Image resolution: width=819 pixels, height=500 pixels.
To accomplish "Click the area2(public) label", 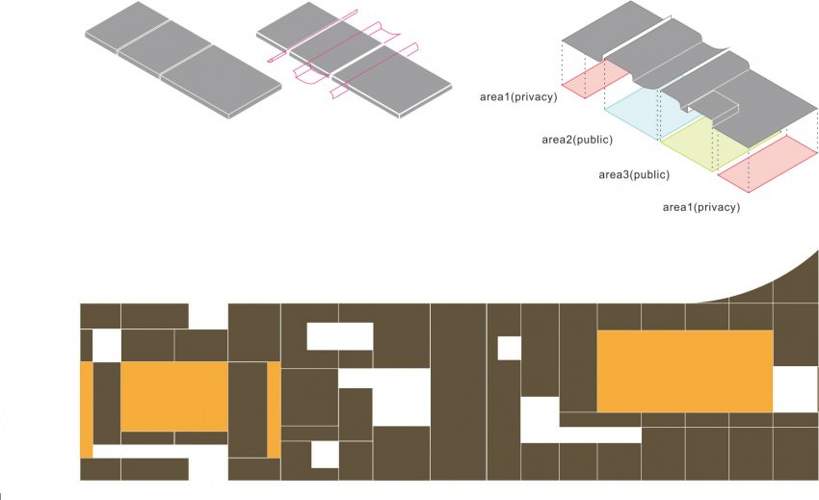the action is pyautogui.click(x=576, y=140).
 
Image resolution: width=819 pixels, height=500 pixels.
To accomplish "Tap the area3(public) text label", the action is pyautogui.click(x=634, y=174).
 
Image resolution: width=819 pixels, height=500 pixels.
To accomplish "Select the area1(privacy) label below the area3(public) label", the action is pyautogui.click(x=700, y=207).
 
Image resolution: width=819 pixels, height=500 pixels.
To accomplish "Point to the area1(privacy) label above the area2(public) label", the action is pyautogui.click(x=518, y=96).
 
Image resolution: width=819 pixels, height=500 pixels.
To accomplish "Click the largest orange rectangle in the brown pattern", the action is pyautogui.click(x=685, y=371).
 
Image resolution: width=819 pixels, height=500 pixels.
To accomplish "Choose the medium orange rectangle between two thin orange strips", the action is pyautogui.click(x=174, y=397).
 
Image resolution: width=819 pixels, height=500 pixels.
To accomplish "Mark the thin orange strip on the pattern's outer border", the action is pyautogui.click(x=86, y=410).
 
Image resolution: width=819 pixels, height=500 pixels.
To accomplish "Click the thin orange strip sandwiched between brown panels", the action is pyautogui.click(x=274, y=410).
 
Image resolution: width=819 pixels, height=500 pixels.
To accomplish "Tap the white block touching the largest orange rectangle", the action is pyautogui.click(x=796, y=389).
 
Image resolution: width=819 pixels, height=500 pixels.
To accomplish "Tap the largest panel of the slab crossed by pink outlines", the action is pyautogui.click(x=392, y=81).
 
